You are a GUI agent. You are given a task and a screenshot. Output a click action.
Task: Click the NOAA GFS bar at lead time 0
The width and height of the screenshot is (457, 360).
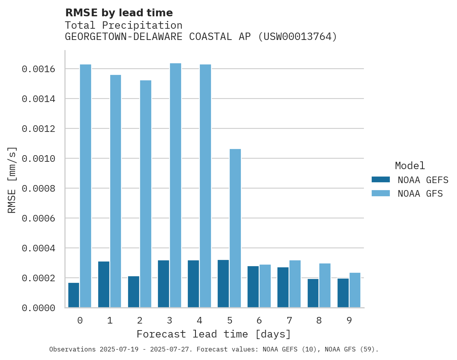click(86, 186)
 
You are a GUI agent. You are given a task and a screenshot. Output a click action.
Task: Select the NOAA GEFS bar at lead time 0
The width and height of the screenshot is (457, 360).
click(74, 295)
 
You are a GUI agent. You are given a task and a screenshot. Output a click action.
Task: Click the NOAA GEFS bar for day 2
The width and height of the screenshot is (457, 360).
click(133, 292)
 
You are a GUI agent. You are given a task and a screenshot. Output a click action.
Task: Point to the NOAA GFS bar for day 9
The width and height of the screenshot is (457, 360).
click(355, 290)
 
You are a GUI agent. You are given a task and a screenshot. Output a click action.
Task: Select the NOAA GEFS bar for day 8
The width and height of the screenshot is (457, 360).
click(313, 293)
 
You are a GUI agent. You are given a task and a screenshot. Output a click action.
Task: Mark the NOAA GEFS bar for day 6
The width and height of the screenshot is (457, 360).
click(253, 287)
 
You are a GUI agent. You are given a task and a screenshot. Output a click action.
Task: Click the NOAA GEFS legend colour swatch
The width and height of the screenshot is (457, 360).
click(381, 180)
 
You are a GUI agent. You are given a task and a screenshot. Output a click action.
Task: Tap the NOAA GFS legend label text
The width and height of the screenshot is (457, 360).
click(420, 194)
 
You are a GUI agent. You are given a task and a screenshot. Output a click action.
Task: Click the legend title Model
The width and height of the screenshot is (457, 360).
click(410, 166)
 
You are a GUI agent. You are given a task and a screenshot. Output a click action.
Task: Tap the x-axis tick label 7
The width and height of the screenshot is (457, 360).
click(289, 320)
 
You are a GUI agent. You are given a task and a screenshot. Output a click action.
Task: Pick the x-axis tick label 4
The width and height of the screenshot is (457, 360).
click(199, 320)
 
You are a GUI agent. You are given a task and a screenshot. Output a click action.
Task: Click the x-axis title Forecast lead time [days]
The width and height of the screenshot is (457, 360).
click(214, 334)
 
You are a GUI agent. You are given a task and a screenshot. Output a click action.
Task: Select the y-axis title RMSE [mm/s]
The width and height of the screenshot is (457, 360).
click(12, 180)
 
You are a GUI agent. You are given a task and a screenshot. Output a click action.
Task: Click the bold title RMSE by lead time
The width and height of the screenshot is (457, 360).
click(119, 13)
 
